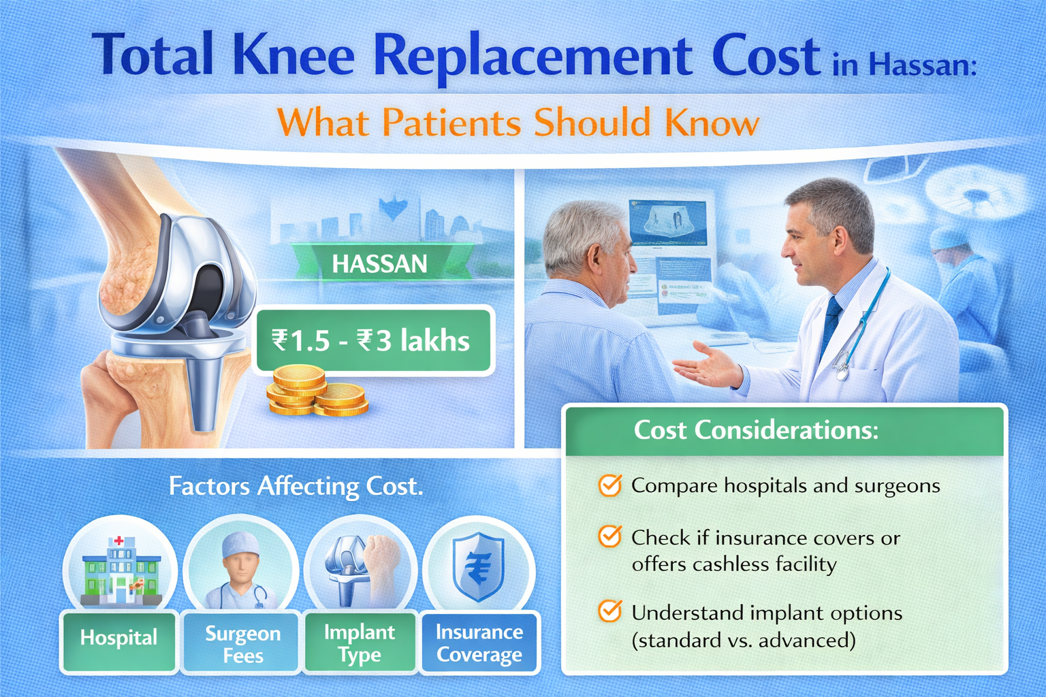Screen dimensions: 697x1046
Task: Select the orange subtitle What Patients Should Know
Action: click(518, 123)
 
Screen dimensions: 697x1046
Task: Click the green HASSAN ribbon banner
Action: click(379, 263)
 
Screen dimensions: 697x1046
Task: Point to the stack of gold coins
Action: click(315, 391)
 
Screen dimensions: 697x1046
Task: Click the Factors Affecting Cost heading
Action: click(296, 486)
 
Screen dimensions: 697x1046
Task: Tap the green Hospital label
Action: click(118, 638)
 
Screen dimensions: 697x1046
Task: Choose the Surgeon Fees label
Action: click(242, 644)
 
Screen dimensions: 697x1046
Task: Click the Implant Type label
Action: click(360, 643)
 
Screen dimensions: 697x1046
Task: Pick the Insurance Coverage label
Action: click(479, 643)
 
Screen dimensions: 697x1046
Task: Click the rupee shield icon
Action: click(479, 566)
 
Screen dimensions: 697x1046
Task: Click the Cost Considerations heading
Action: click(756, 430)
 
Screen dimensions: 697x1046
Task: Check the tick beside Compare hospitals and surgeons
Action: click(609, 485)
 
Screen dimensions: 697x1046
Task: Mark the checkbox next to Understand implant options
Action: click(609, 611)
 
